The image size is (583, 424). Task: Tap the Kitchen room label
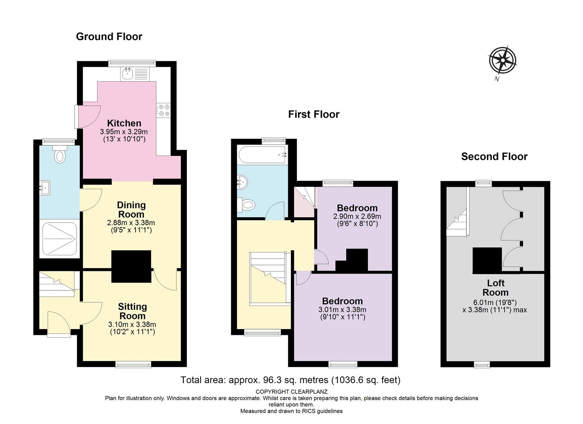point(124,123)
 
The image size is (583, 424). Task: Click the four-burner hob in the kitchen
point(164,110)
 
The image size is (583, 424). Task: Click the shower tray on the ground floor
point(60,239)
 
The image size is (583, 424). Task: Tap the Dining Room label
point(131,210)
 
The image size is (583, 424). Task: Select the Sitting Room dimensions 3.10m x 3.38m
point(132,324)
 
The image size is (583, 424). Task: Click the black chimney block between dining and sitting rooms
point(131,266)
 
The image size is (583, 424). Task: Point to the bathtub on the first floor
point(262,155)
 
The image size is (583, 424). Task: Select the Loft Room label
point(495,288)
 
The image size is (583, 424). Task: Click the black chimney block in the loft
point(487,260)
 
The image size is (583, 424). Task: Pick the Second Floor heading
point(494,157)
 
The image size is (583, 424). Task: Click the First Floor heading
point(314,115)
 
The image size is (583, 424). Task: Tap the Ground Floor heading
point(109,37)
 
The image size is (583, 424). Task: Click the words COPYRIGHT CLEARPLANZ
point(291,392)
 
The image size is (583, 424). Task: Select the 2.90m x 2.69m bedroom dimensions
point(357,216)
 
